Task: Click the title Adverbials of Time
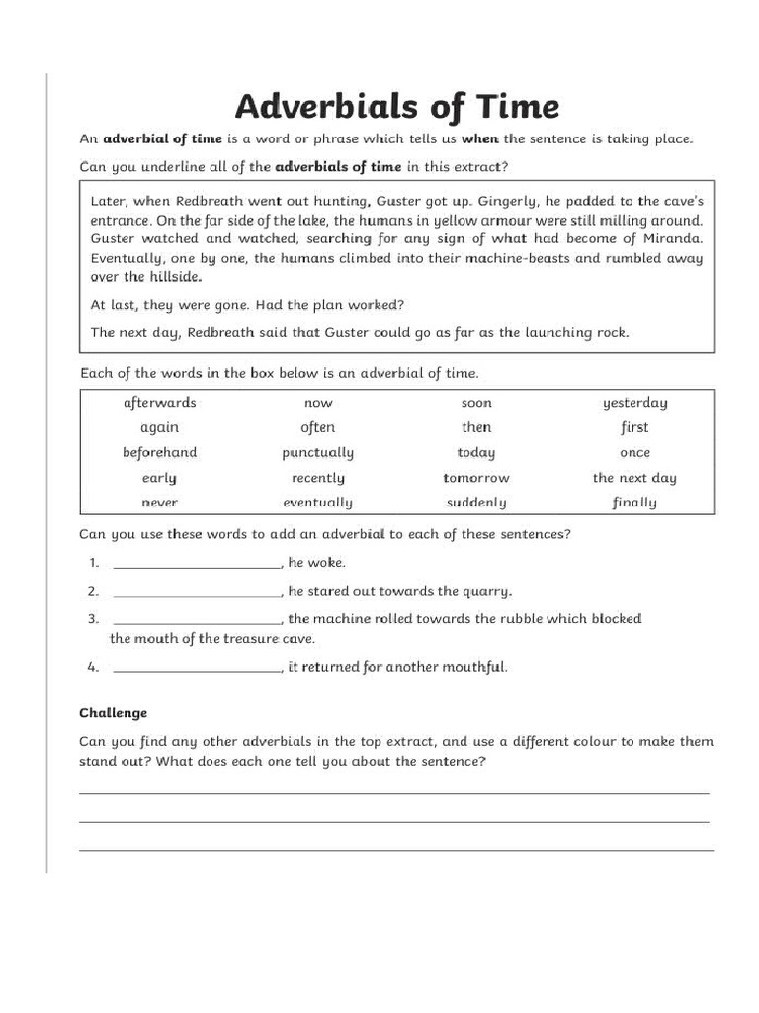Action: [396, 106]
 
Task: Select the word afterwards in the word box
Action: [159, 403]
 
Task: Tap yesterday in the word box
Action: [634, 403]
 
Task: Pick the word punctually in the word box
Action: [317, 453]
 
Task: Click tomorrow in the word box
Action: [475, 478]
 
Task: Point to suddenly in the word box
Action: [475, 503]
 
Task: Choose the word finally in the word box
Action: [634, 503]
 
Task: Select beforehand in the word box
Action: [159, 453]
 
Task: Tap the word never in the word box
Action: [159, 503]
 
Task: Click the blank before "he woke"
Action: [198, 563]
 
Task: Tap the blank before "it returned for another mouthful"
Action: [198, 668]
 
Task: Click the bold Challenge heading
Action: [113, 713]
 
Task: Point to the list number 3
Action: [92, 619]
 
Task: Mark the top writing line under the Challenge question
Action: [393, 792]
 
